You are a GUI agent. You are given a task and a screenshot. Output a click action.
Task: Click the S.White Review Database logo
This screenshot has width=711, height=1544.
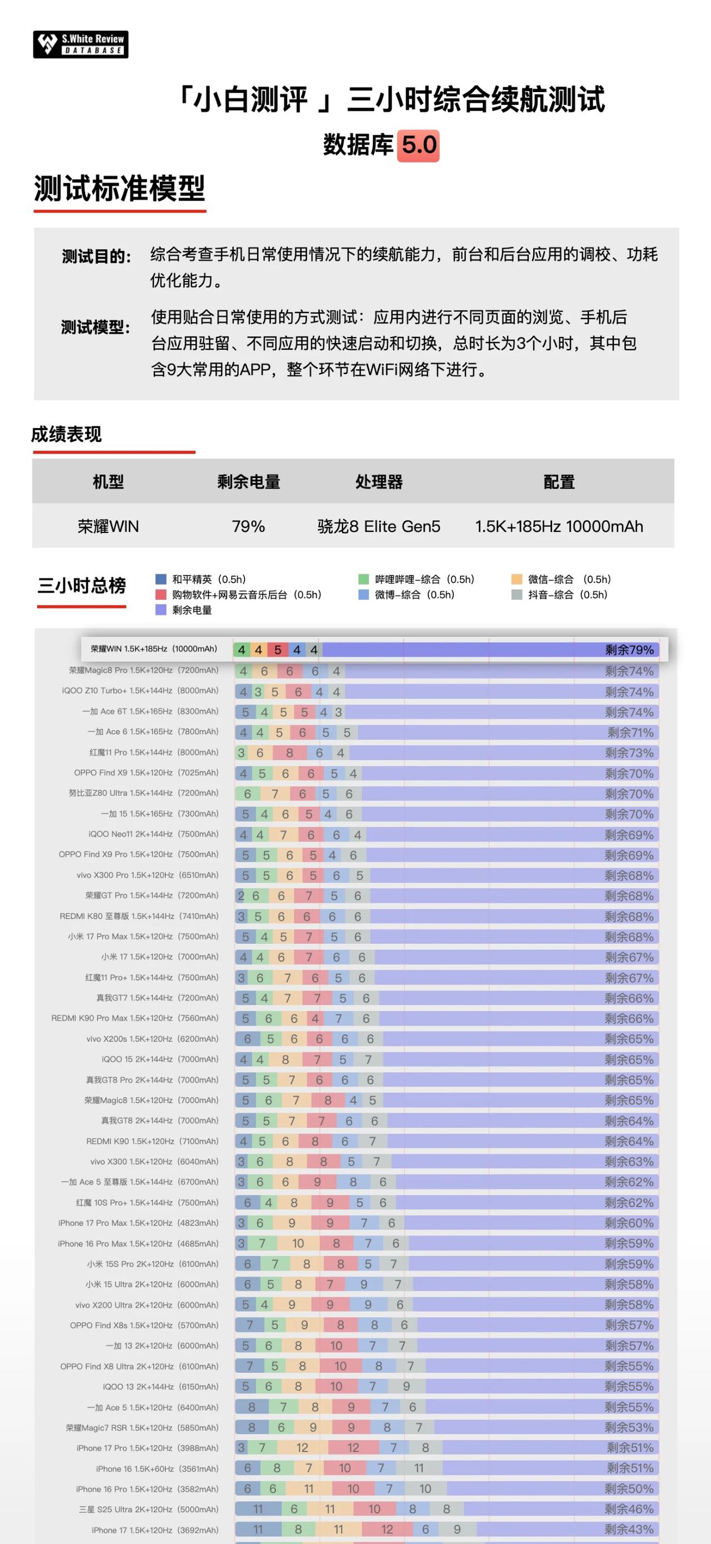tap(81, 44)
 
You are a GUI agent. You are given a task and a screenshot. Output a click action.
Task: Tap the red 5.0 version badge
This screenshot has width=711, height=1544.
tap(419, 145)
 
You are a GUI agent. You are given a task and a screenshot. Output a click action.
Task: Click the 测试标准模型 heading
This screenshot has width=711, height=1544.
tap(119, 188)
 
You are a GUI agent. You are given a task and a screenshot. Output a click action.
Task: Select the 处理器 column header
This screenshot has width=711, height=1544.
tap(379, 481)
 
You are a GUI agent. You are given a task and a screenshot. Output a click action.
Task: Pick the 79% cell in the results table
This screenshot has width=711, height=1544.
tap(248, 526)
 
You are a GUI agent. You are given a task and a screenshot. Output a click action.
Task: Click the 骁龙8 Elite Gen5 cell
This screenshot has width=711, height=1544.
tap(379, 526)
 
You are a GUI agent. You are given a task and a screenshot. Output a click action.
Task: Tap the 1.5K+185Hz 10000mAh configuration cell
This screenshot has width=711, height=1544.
tap(559, 526)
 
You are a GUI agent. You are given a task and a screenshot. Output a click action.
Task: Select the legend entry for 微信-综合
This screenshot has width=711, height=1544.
tap(561, 579)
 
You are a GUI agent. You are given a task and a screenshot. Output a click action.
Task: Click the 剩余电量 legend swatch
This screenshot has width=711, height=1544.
tap(161, 610)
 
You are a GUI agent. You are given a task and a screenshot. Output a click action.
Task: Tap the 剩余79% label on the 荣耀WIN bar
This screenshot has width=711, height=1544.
tap(629, 649)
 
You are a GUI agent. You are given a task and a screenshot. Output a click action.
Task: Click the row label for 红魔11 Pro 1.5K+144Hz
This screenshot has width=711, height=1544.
tap(154, 752)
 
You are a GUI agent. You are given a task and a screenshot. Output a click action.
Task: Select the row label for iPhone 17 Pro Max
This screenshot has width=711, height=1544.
tap(138, 1223)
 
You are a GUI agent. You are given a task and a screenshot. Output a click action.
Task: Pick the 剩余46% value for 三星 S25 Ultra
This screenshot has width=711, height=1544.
tap(629, 1509)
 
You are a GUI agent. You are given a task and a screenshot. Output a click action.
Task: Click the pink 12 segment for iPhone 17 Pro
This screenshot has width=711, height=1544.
tap(353, 1447)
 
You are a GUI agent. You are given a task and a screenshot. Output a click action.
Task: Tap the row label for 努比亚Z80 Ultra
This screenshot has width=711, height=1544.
tap(144, 793)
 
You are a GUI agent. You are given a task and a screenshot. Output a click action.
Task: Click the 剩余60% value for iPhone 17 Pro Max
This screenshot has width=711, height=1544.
tap(629, 1223)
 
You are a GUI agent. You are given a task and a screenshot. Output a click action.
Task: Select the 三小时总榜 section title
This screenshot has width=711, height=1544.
tap(82, 586)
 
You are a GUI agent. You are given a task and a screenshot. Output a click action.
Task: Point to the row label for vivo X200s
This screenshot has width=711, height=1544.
tap(152, 1039)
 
